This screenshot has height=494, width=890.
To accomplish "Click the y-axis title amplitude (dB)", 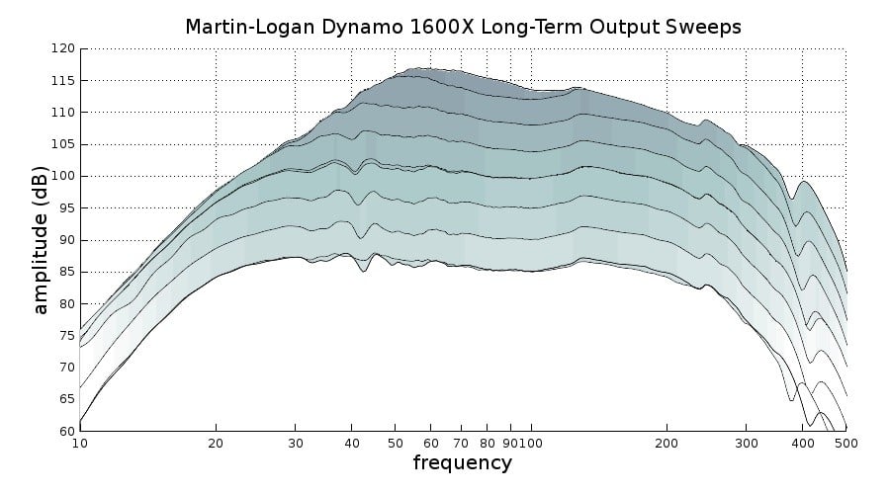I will pos(41,239).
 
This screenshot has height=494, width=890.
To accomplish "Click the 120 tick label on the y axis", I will pos(63,48).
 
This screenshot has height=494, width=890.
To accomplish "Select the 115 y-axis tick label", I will pos(63,80).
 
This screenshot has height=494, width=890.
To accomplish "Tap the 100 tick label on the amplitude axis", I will pos(63,176).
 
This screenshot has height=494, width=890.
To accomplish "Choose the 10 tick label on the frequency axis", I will pos(80,444).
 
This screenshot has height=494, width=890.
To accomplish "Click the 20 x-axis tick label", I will pos(216,444).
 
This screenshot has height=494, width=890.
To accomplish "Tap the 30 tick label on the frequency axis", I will pos(295,444).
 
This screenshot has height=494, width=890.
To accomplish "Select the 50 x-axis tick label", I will pos(395,444).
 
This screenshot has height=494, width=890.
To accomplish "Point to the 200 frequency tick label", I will pos(667,444).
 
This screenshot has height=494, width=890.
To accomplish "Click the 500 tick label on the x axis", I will pos(845,444).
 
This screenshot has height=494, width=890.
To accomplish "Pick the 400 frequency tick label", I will pos(802,444).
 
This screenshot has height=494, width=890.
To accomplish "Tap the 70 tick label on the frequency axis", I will pos(461,444).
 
